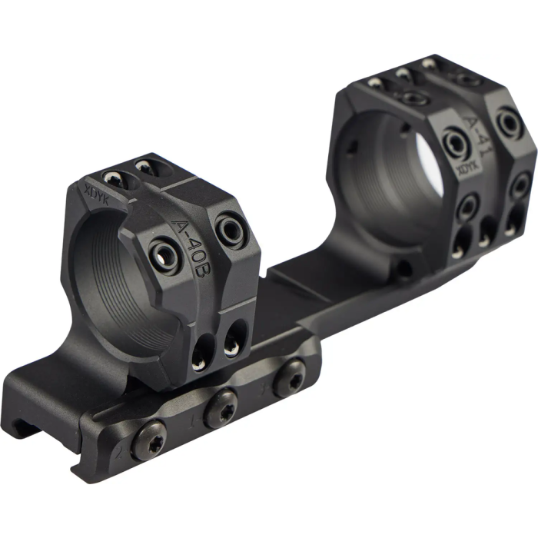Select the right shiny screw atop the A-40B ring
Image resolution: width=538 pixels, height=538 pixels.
(143, 165)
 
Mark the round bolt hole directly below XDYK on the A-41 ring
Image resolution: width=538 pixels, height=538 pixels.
(466, 206)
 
